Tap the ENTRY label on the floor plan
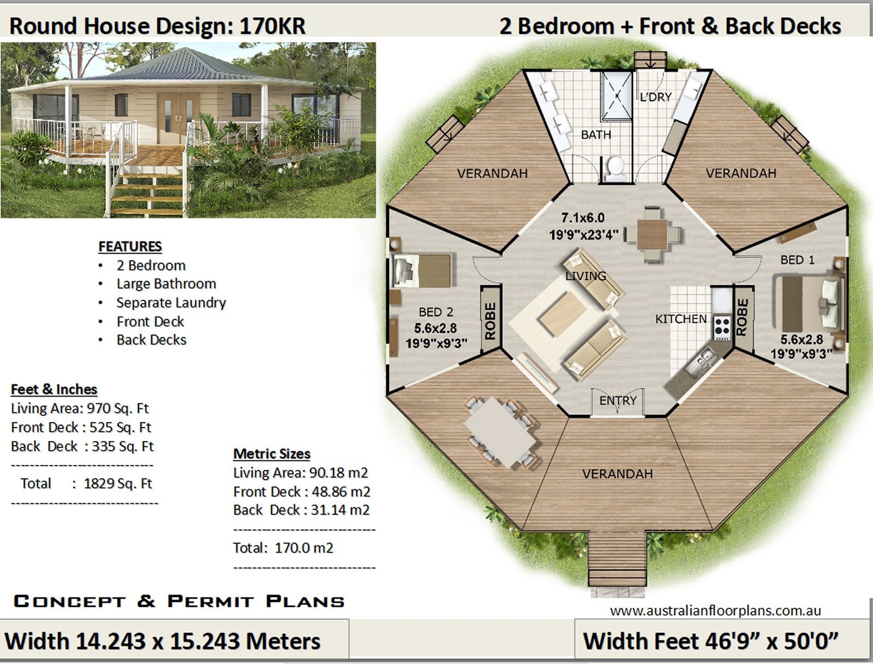618,401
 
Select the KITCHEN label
680,319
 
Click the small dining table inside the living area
653,234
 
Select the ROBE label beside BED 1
742,317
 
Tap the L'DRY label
655,97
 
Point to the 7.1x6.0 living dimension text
583,218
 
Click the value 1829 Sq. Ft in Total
118,484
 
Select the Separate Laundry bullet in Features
171,303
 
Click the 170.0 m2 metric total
304,548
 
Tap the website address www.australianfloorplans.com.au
715,611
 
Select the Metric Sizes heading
272,454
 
